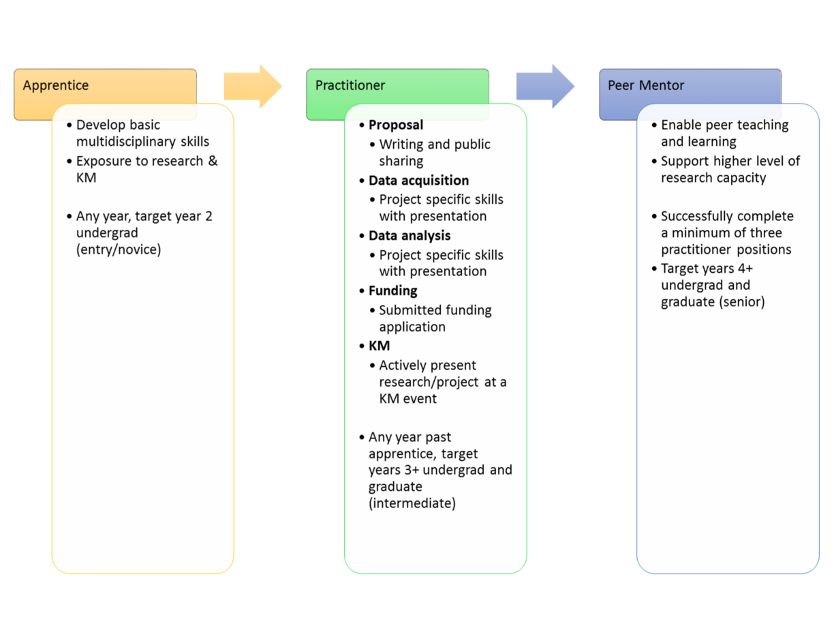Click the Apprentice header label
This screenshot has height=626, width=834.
pyautogui.click(x=56, y=86)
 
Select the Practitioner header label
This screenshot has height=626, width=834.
pyautogui.click(x=350, y=86)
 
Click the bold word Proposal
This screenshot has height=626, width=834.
pyautogui.click(x=396, y=125)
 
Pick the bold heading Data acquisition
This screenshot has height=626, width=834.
pyautogui.click(x=418, y=181)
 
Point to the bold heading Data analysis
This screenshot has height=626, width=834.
pyautogui.click(x=410, y=236)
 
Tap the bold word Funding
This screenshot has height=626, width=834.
pyautogui.click(x=392, y=291)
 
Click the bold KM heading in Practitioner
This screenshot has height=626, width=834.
pyautogui.click(x=379, y=346)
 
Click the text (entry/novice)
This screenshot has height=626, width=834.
pyautogui.click(x=119, y=250)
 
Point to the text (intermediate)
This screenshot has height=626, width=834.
pyautogui.click(x=412, y=504)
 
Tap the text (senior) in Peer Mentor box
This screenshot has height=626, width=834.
pyautogui.click(x=742, y=302)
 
